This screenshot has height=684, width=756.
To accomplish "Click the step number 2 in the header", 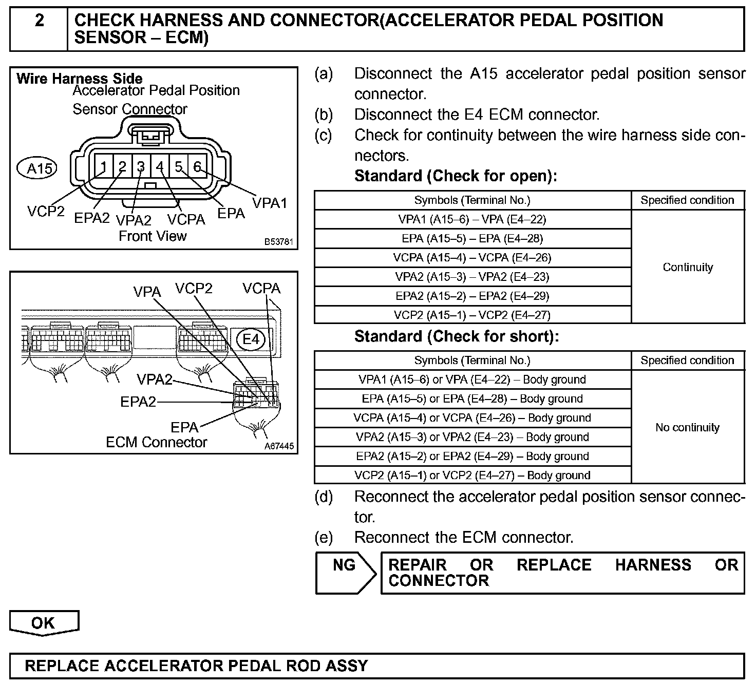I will pyautogui.click(x=39, y=21).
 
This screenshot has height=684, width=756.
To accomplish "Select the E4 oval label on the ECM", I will pyautogui.click(x=252, y=339).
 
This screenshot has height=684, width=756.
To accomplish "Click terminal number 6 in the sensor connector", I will pyautogui.click(x=197, y=166).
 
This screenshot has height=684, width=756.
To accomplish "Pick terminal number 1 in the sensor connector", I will pyautogui.click(x=104, y=167).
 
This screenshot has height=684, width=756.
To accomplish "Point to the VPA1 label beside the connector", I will pyautogui.click(x=270, y=203).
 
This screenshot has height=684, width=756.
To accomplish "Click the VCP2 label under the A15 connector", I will pyautogui.click(x=46, y=211).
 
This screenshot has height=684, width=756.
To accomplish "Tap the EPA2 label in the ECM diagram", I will pyautogui.click(x=138, y=402).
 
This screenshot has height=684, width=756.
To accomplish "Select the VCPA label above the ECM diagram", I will pyautogui.click(x=261, y=289).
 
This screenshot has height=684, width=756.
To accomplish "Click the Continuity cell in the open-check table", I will pyautogui.click(x=688, y=267).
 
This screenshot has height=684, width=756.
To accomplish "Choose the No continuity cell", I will pyautogui.click(x=688, y=427).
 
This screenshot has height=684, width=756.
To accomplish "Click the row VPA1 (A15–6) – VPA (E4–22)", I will pyautogui.click(x=472, y=219).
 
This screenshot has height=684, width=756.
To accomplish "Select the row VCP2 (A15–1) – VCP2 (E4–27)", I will pyautogui.click(x=472, y=315).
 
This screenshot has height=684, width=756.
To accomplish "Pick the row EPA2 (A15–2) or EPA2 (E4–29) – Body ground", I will pyautogui.click(x=472, y=456).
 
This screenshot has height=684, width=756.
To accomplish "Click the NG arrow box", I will pyautogui.click(x=345, y=573).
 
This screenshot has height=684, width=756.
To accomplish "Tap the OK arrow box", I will pyautogui.click(x=44, y=623).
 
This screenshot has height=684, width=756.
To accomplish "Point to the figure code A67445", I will pyautogui.click(x=279, y=446).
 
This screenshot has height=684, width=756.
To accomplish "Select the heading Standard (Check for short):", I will pyautogui.click(x=456, y=336).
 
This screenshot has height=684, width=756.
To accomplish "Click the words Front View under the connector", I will pyautogui.click(x=153, y=236).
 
